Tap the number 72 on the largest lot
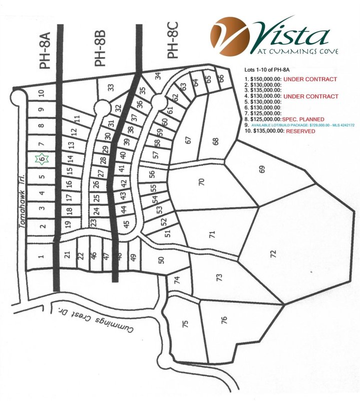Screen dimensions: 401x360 272,253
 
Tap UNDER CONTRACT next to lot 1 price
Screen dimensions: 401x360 310,80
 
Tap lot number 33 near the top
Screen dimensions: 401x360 111,87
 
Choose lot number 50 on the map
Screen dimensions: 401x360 161,260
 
